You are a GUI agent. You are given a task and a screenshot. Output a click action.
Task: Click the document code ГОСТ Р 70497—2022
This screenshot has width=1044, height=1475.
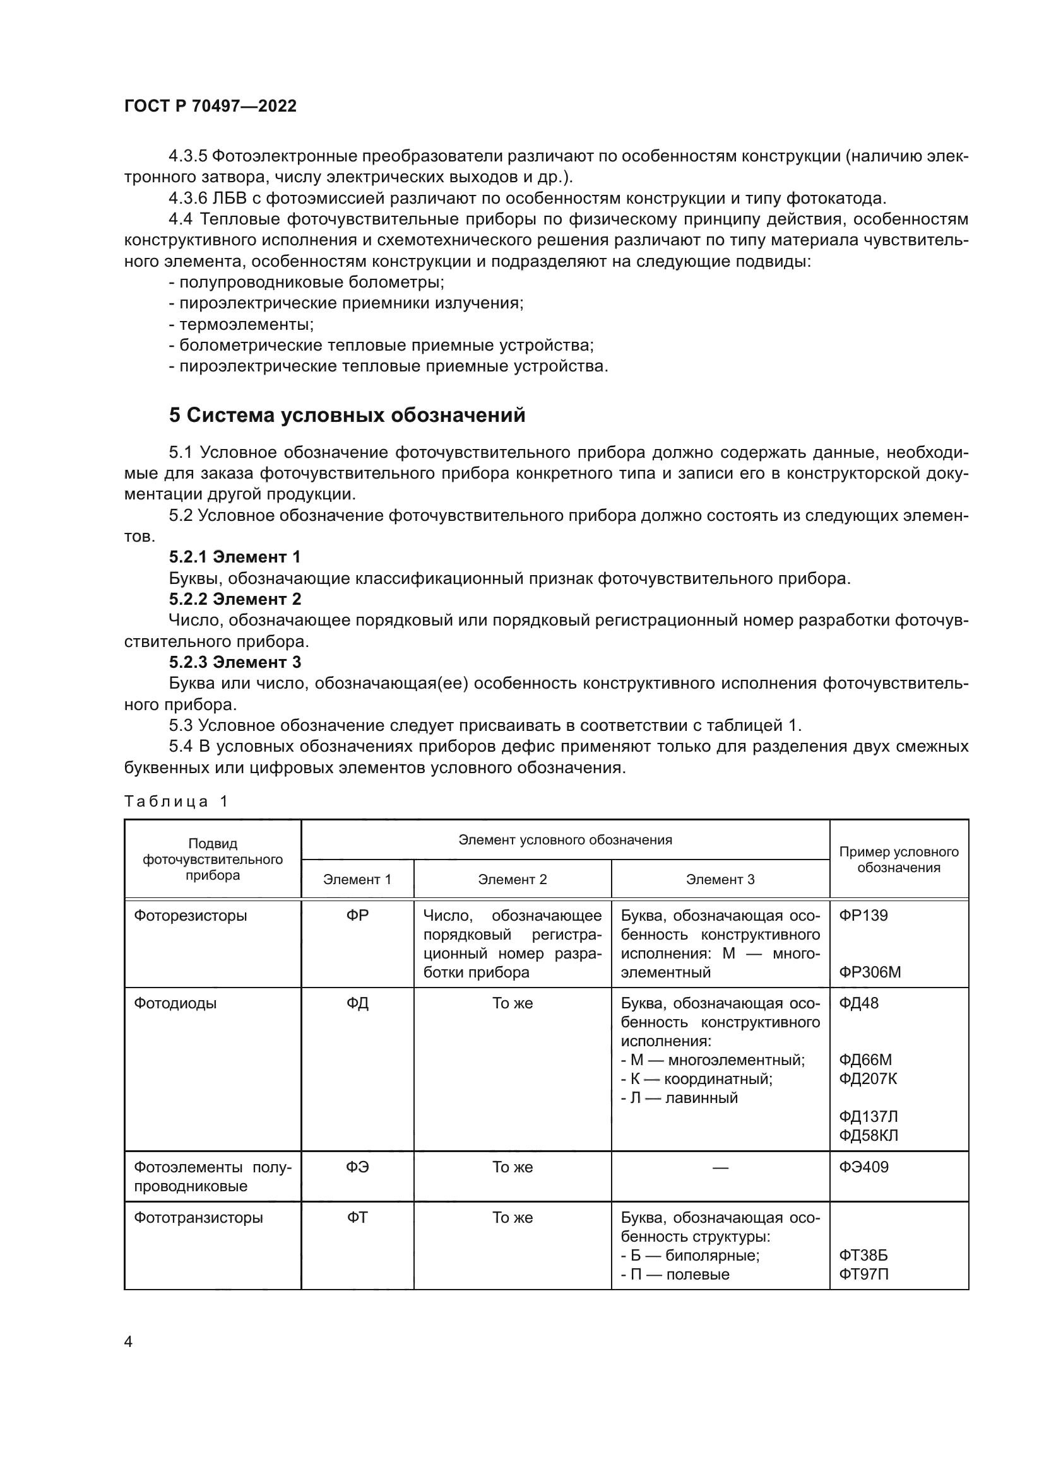click(x=210, y=106)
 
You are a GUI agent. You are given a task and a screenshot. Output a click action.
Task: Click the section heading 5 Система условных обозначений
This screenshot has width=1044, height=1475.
click(x=347, y=416)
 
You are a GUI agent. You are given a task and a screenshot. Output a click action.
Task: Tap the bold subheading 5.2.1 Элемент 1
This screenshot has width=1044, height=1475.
click(x=235, y=557)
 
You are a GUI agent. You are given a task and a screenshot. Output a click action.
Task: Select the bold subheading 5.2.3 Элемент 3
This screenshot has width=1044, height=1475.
click(x=235, y=662)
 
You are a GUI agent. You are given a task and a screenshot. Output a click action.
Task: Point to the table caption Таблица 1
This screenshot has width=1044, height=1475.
click(x=175, y=801)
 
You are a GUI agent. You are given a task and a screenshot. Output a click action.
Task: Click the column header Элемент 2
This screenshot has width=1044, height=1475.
click(x=512, y=880)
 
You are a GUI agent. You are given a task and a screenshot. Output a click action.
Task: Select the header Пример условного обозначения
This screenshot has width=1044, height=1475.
click(x=898, y=860)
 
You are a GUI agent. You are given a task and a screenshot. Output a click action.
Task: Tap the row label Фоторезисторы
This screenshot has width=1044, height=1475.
click(x=190, y=916)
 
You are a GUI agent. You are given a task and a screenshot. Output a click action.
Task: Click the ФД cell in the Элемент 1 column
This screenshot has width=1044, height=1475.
click(x=357, y=1003)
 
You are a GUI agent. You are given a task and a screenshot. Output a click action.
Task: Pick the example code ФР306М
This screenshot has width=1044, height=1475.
click(x=870, y=972)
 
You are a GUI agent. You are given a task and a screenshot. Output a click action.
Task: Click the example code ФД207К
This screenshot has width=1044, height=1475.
click(x=868, y=1078)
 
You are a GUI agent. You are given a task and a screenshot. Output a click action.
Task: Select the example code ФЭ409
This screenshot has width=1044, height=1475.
click(x=863, y=1167)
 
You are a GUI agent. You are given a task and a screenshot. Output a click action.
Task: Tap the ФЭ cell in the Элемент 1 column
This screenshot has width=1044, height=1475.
click(x=357, y=1167)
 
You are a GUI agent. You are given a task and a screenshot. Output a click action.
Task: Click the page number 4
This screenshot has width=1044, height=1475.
click(x=128, y=1342)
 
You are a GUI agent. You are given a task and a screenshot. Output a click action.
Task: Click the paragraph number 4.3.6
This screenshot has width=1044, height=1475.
click(x=187, y=199)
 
